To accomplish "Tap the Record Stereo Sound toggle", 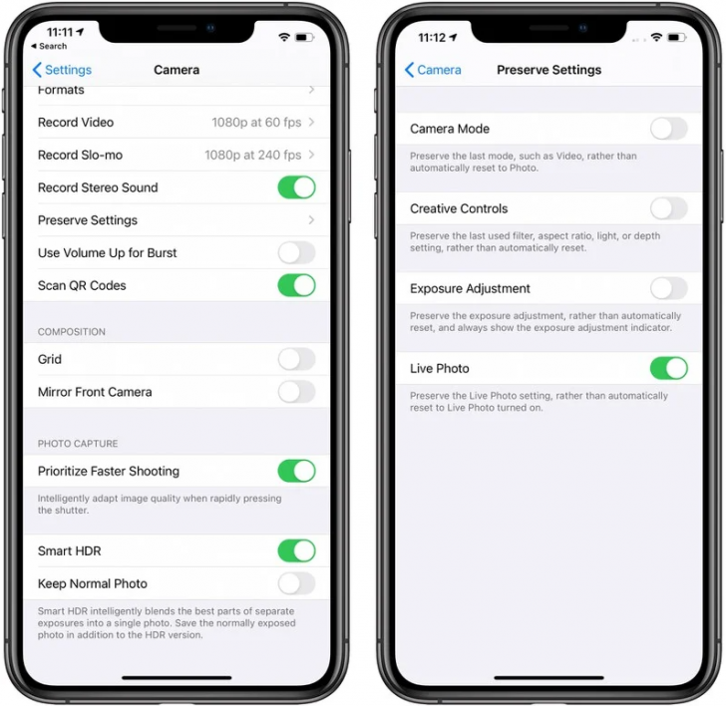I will pos(296,187).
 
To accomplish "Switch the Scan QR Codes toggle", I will pos(296,285).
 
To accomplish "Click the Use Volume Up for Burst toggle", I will pos(296,252).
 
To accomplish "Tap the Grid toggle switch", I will pos(296,359).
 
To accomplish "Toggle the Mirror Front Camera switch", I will pos(296,392).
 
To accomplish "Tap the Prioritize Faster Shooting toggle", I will pos(296,471).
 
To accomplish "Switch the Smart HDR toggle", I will pos(296,550).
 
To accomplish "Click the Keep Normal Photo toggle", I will pos(296,583).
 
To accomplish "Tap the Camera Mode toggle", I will pos(668,129).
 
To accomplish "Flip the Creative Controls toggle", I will pos(668,208).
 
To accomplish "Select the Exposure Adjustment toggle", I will pos(668,288).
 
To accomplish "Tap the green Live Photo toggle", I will pos(668,368).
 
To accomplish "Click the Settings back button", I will pos(62,70).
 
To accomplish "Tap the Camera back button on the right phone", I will pos(433,70).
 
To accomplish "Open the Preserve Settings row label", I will pos(88,220).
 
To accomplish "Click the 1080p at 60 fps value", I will pos(256,123).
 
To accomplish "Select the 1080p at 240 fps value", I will pos(252,156).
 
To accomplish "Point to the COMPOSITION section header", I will pos(72,332).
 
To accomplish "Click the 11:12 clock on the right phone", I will pos(432,37).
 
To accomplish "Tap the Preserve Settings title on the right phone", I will pos(548,70).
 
